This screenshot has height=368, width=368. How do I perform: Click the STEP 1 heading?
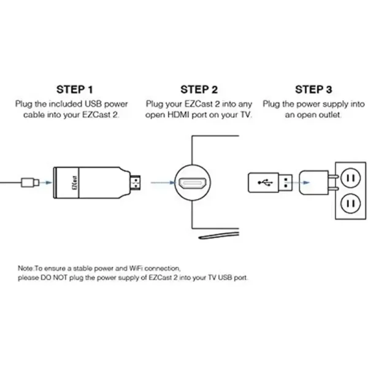75,90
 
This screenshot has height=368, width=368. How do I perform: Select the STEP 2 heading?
199,90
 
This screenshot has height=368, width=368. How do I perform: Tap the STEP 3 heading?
313,90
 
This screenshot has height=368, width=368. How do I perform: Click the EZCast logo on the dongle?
75,183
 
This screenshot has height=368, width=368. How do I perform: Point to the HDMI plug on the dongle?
136,183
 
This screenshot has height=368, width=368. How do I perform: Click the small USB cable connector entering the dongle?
30,183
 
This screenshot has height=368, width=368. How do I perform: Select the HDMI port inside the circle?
193,183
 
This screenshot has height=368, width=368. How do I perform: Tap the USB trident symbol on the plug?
265,183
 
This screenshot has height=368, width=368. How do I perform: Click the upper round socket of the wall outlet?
350,178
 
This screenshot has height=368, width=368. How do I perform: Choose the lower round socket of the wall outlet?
350,204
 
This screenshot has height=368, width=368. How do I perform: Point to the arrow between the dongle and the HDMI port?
163,183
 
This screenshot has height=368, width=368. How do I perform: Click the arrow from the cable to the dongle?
46,183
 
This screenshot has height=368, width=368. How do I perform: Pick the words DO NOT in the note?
54,278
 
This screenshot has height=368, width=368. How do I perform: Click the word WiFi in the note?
137,268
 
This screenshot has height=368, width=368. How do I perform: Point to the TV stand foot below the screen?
219,235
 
